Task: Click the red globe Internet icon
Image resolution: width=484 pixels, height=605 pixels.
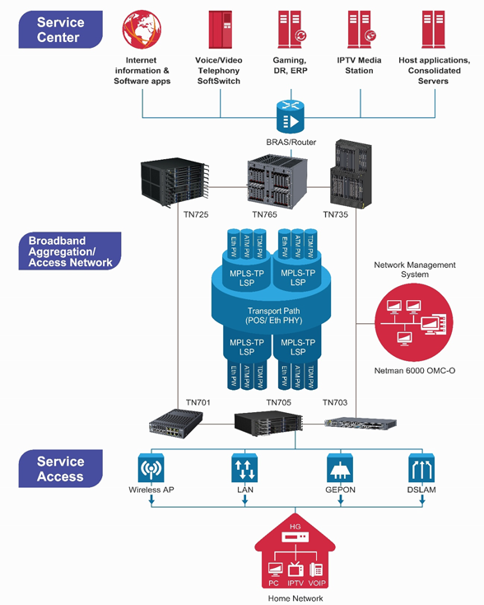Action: pyautogui.click(x=142, y=30)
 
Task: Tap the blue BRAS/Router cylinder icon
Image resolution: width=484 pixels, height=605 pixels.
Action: pyautogui.click(x=291, y=116)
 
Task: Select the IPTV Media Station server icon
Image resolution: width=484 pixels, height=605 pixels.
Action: pyautogui.click(x=361, y=30)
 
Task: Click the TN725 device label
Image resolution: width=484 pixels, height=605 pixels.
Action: pyautogui.click(x=196, y=214)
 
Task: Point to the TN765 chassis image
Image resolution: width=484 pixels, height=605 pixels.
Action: pyautogui.click(x=277, y=181)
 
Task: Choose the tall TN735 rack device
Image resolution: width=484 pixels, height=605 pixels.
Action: pyautogui.click(x=351, y=175)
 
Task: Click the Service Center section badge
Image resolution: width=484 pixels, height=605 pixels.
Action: pyautogui.click(x=61, y=30)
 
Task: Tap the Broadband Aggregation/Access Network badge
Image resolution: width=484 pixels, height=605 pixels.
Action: pyautogui.click(x=70, y=251)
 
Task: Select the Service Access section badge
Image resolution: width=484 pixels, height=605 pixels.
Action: pyautogui.click(x=61, y=468)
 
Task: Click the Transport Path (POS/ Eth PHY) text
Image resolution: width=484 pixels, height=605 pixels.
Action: pyautogui.click(x=273, y=316)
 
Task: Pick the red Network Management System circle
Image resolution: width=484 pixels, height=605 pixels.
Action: pyautogui.click(x=414, y=322)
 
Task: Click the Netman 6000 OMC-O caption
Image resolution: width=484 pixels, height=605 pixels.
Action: pyautogui.click(x=415, y=371)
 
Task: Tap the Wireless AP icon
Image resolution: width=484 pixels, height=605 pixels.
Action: pyautogui.click(x=151, y=468)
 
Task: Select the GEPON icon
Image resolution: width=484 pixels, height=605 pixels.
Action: pyautogui.click(x=340, y=468)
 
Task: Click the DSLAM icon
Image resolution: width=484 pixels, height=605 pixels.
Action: pyautogui.click(x=421, y=468)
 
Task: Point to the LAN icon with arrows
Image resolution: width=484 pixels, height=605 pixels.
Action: pyautogui.click(x=244, y=468)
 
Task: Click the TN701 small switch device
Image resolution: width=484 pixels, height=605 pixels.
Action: pyautogui.click(x=175, y=424)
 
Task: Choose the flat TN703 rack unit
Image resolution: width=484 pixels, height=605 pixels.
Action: pyautogui.click(x=361, y=424)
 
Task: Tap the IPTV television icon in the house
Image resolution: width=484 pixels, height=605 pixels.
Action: pyautogui.click(x=296, y=569)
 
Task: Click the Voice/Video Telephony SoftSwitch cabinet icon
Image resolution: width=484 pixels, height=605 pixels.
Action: pyautogui.click(x=221, y=30)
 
